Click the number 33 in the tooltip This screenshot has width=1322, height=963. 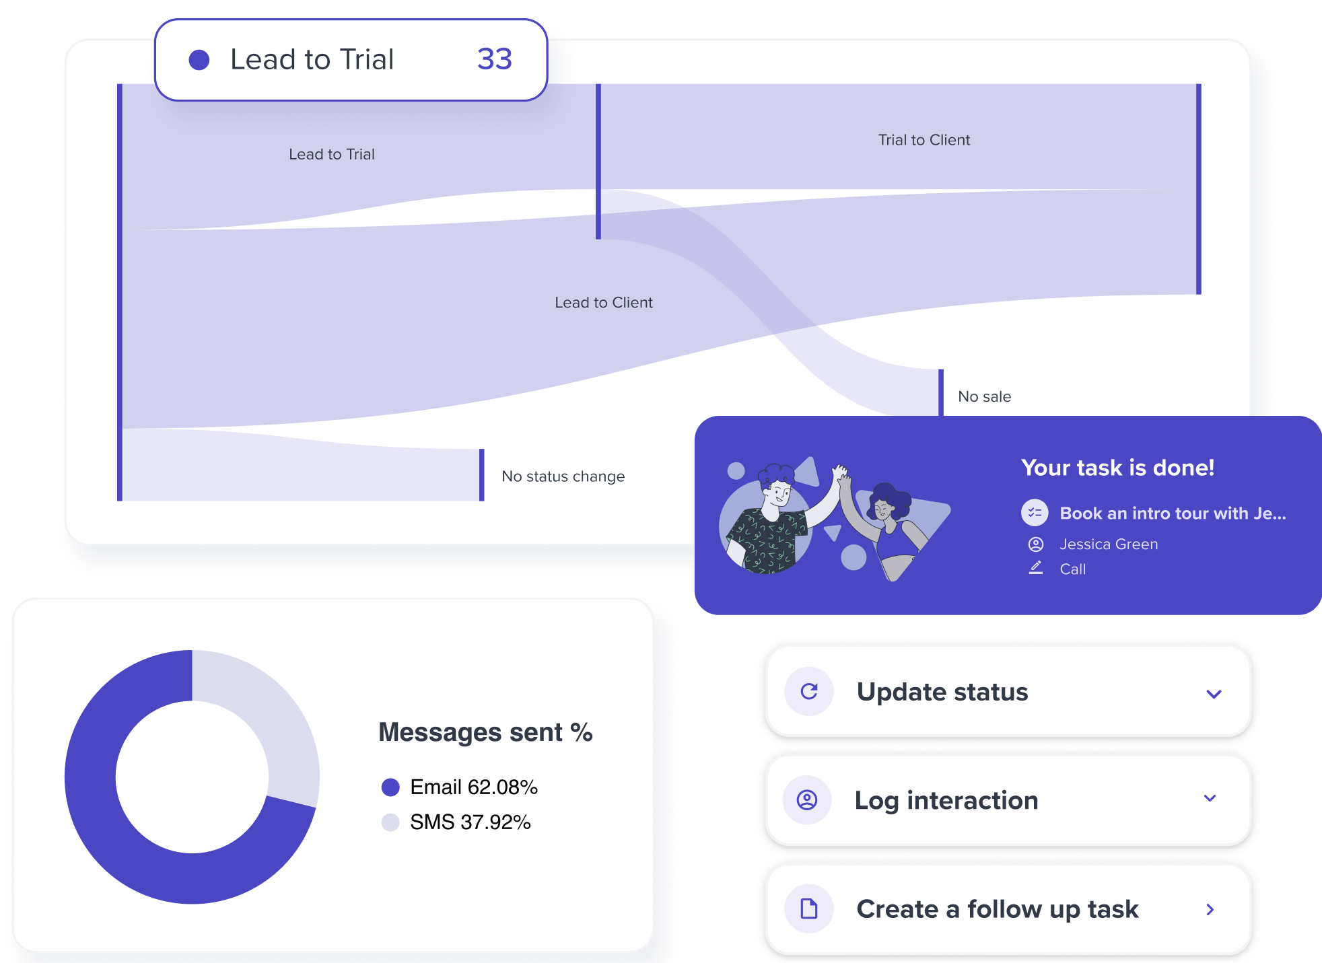point(495,59)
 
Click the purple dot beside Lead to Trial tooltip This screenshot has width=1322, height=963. point(199,60)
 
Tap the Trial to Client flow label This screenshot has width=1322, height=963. point(924,140)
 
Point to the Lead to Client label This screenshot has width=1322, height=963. point(603,303)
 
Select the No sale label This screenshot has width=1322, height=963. point(984,397)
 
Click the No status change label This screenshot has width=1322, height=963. point(563,476)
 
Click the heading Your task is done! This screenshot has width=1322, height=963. point(1117,468)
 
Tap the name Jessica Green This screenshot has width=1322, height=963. point(1109,544)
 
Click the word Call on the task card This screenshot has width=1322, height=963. point(1072,569)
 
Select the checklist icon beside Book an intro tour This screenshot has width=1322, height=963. point(1035,513)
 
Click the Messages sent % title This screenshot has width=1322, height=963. point(485,732)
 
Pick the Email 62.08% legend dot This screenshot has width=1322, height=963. point(390,787)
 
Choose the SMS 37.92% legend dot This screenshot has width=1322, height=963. point(390,822)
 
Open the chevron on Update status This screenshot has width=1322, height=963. point(1214,694)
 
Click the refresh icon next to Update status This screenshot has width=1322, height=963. point(809,691)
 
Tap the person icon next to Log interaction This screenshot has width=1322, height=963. point(807,799)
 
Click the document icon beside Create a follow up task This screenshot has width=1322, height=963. point(809,909)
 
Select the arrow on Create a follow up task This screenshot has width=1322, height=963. point(1210,910)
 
